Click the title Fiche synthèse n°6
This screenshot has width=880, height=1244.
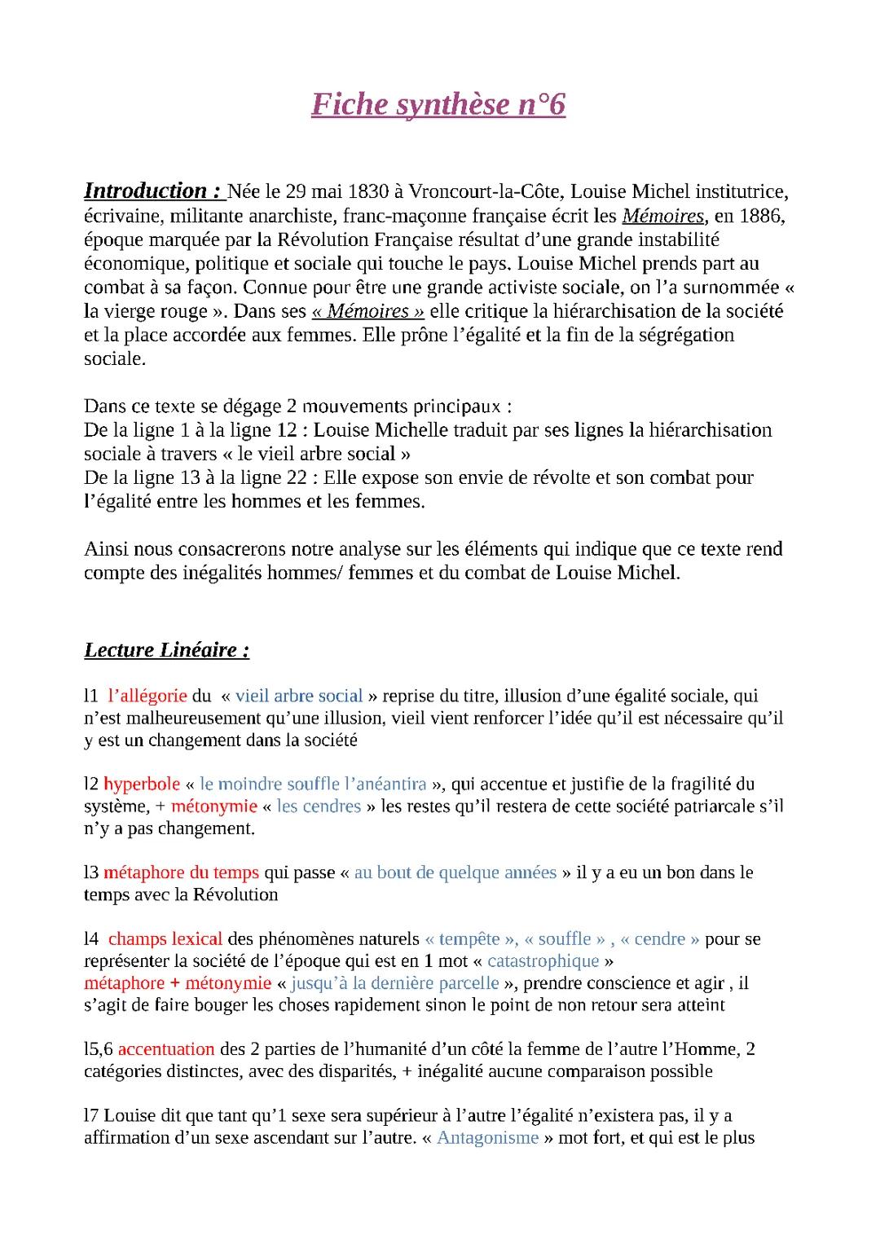pyautogui.click(x=438, y=105)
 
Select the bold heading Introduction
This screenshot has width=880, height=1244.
pyautogui.click(x=153, y=191)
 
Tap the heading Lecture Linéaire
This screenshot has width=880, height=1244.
pyautogui.click(x=166, y=649)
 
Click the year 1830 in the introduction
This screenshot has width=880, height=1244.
pyautogui.click(x=368, y=192)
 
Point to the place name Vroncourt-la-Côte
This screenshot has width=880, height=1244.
pyautogui.click(x=484, y=192)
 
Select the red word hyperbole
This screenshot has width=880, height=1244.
pyautogui.click(x=142, y=784)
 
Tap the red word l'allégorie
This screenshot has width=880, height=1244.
pyautogui.click(x=147, y=696)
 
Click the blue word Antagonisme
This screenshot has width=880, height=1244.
pyautogui.click(x=487, y=1137)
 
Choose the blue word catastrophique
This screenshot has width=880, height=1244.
pyautogui.click(x=543, y=961)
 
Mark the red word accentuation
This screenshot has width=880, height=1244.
pyautogui.click(x=166, y=1049)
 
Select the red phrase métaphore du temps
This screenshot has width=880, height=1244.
pyautogui.click(x=181, y=873)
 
